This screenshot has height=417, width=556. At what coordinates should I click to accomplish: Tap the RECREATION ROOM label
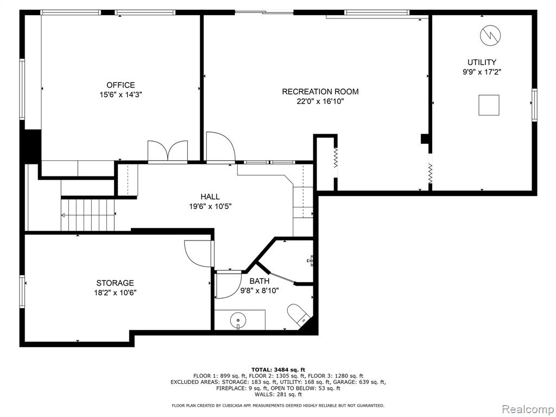pyautogui.click(x=320, y=91)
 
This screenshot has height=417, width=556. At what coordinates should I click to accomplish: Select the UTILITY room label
pyautogui.click(x=482, y=62)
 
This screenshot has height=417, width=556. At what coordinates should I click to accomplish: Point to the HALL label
pyautogui.click(x=210, y=197)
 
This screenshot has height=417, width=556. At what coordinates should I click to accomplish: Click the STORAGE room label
pyautogui.click(x=115, y=283)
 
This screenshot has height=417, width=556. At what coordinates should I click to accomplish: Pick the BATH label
pyautogui.click(x=259, y=281)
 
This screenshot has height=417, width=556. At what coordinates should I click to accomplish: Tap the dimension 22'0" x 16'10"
pyautogui.click(x=320, y=102)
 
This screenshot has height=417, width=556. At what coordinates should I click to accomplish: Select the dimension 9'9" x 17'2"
pyautogui.click(x=482, y=72)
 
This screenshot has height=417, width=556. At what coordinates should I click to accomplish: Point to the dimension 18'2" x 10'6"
pyautogui.click(x=115, y=293)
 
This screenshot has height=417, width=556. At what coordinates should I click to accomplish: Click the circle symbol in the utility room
pyautogui.click(x=490, y=35)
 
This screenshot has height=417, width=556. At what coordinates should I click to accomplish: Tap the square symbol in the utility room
pyautogui.click(x=489, y=105)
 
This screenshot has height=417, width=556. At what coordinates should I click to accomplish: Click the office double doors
pyautogui.click(x=167, y=152)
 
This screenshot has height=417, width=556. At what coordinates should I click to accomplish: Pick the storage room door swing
pyautogui.click(x=199, y=254)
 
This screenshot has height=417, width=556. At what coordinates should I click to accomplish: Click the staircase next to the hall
pyautogui.click(x=88, y=215)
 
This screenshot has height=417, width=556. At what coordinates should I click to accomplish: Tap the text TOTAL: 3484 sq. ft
pyautogui.click(x=278, y=369)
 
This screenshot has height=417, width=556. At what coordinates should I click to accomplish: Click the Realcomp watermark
pyautogui.click(x=528, y=409)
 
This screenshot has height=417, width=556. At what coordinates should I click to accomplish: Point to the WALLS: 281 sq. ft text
pyautogui.click(x=278, y=394)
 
